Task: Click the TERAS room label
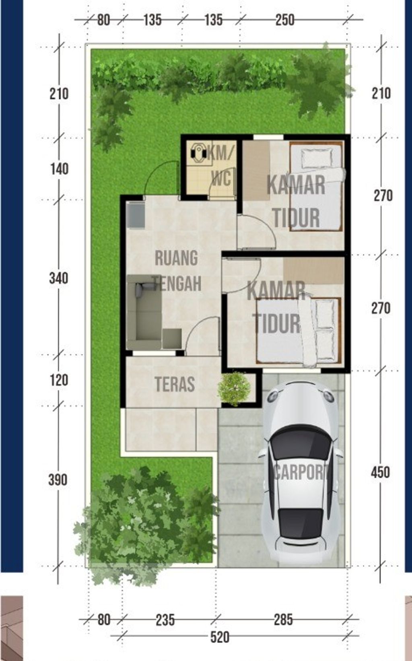(175, 384)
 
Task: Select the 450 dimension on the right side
(380, 472)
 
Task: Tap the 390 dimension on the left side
(58, 480)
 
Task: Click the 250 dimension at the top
(284, 19)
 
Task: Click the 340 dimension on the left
(59, 278)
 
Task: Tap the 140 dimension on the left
(59, 169)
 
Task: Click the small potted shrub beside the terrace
(234, 389)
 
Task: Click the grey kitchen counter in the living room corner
(136, 215)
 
